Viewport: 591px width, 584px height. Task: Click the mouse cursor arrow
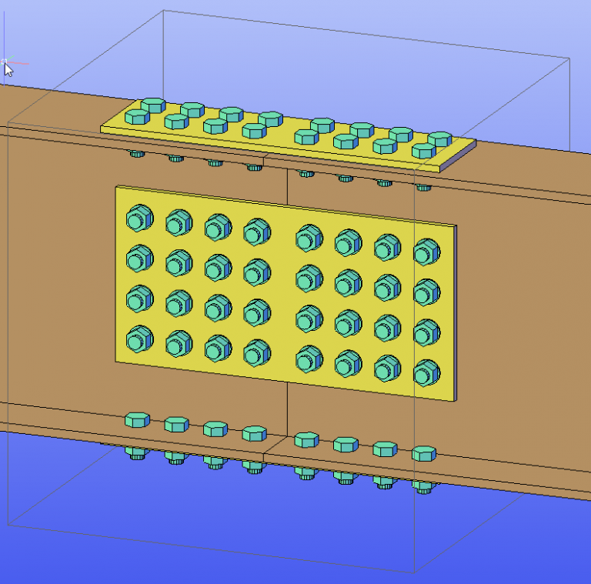pyautogui.click(x=8, y=68)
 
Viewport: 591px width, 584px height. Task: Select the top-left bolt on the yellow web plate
pyautogui.click(x=139, y=219)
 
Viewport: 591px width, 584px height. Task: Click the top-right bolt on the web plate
pyautogui.click(x=426, y=251)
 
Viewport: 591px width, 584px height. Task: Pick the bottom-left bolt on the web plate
pyautogui.click(x=139, y=338)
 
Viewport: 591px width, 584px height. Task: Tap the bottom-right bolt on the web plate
pyautogui.click(x=426, y=373)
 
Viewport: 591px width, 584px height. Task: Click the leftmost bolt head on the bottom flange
pyautogui.click(x=137, y=419)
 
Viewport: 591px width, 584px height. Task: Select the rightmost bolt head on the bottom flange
pyautogui.click(x=423, y=453)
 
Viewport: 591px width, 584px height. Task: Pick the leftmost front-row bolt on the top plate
pyautogui.click(x=137, y=117)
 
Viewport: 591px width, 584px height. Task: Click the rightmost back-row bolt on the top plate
pyautogui.click(x=439, y=139)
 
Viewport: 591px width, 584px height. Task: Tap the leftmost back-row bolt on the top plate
pyautogui.click(x=153, y=104)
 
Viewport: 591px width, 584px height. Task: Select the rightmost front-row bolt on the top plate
pyautogui.click(x=422, y=151)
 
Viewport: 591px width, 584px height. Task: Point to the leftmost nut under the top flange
pyautogui.click(x=137, y=154)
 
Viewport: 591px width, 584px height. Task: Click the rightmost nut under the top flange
pyautogui.click(x=423, y=187)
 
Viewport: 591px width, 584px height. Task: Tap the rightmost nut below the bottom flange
pyautogui.click(x=423, y=486)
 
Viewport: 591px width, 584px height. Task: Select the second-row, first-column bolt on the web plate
pyautogui.click(x=139, y=258)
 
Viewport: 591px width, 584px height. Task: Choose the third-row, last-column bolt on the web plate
pyautogui.click(x=426, y=332)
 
